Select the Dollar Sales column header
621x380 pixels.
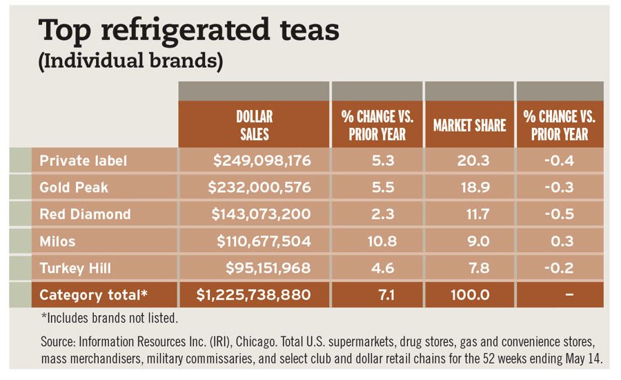(x=254, y=125)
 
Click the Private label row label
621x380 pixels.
(x=83, y=161)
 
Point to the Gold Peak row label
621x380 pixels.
(x=74, y=187)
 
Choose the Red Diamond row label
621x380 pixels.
(x=85, y=214)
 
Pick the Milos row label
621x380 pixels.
(x=58, y=241)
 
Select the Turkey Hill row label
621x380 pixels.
(x=76, y=268)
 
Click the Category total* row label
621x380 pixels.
(x=94, y=295)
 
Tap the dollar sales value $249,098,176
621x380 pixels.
(x=262, y=161)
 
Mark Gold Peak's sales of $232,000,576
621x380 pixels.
(x=262, y=187)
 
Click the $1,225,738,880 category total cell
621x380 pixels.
(x=253, y=295)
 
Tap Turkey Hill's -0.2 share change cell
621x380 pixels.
(x=560, y=268)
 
